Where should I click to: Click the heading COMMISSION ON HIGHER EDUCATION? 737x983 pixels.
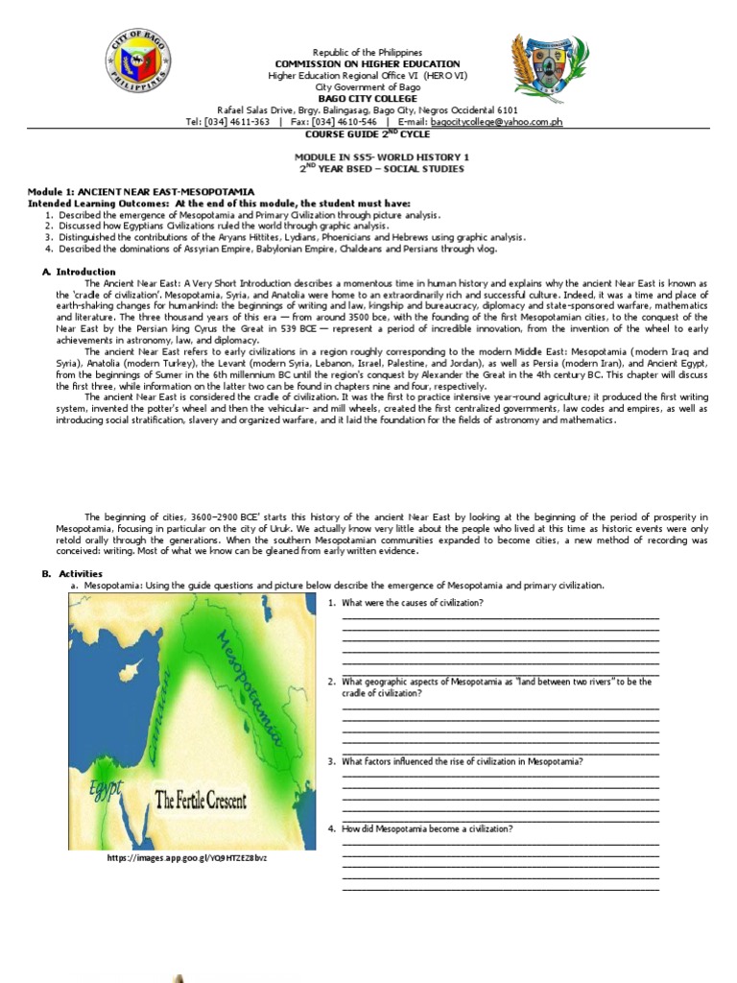coord(368,63)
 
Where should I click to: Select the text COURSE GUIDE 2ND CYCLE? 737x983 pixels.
coord(368,134)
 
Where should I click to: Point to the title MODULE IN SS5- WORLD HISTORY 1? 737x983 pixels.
coord(368,156)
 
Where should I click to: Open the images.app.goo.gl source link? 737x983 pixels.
coord(187,857)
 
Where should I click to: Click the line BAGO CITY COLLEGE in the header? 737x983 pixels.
coord(368,98)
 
